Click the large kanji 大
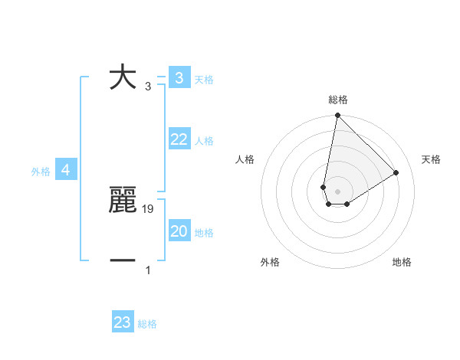click(123, 77)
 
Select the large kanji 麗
click(123, 201)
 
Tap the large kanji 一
click(123, 261)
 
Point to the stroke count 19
click(149, 208)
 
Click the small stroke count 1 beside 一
click(148, 270)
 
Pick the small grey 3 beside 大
click(148, 87)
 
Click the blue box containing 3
click(179, 77)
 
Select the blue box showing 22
click(179, 139)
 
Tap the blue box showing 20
click(179, 231)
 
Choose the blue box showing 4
click(66, 170)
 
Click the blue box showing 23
click(123, 322)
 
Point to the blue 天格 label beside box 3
click(204, 79)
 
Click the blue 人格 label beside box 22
click(204, 141)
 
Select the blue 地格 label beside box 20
click(204, 233)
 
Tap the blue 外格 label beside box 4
click(41, 172)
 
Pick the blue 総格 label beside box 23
click(147, 324)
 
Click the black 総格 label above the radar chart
click(338, 100)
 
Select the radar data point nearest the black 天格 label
click(396, 172)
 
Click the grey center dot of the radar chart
click(337, 191)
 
